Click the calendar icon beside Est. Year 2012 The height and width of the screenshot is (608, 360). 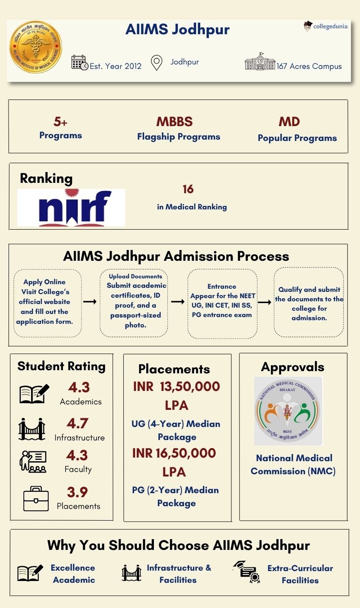[x=80, y=63]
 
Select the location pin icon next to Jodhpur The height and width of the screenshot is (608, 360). [x=156, y=63]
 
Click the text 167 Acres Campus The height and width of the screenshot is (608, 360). [x=309, y=66]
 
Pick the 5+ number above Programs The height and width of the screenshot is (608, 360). [x=60, y=122]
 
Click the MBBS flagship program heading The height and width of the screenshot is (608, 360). [x=175, y=122]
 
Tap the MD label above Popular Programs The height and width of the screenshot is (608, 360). [x=289, y=122]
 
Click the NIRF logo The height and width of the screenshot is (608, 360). [x=71, y=208]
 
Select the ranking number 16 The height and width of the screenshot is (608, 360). [x=188, y=189]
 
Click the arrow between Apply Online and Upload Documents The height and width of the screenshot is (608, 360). [x=90, y=301]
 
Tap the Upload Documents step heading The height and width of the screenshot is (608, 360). [x=135, y=276]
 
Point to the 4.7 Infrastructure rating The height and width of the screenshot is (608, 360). [x=78, y=423]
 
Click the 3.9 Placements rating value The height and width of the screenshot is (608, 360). [x=78, y=492]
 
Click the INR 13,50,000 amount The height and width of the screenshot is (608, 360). [x=176, y=387]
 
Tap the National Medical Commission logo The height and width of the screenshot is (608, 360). [x=288, y=411]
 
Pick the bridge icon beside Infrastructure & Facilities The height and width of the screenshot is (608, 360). [x=131, y=573]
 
